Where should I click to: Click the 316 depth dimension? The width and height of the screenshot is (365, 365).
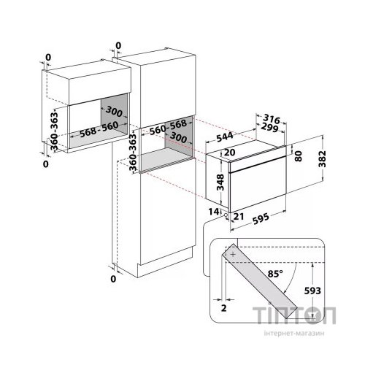click(x=272, y=120)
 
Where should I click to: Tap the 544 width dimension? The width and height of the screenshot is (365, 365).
click(x=225, y=137)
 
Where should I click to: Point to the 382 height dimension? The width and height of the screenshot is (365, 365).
click(x=322, y=159)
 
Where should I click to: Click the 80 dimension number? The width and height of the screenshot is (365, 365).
click(x=298, y=156)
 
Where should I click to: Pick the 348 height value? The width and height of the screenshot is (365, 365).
click(x=220, y=182)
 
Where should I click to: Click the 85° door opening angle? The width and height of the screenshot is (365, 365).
click(x=275, y=274)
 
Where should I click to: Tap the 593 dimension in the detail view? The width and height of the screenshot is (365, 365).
click(x=312, y=291)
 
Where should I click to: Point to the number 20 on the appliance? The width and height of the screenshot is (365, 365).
click(x=229, y=153)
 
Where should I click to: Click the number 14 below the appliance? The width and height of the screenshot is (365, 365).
click(x=213, y=212)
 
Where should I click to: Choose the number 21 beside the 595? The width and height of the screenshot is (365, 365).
click(x=239, y=216)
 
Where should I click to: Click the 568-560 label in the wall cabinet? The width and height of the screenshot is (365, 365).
click(x=99, y=129)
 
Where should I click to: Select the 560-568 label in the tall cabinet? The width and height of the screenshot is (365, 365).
click(x=168, y=128)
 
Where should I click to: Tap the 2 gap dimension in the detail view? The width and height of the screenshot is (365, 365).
click(x=224, y=308)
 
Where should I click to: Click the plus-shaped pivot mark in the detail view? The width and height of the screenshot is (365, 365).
click(x=233, y=255)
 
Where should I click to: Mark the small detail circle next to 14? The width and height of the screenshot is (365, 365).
click(x=226, y=215)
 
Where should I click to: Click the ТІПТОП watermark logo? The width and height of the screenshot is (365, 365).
click(x=294, y=315)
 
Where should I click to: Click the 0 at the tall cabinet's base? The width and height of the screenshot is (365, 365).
click(x=113, y=279)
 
